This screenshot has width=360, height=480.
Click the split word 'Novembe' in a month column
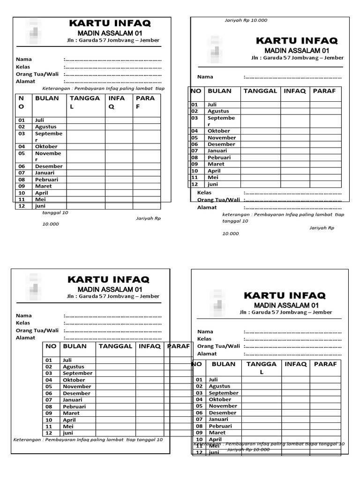click(48, 153)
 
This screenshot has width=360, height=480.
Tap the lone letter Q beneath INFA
click(112, 106)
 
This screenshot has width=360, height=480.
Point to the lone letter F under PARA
click(138, 106)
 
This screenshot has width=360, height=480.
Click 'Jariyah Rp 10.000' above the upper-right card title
click(247, 20)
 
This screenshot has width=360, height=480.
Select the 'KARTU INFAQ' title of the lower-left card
click(109, 280)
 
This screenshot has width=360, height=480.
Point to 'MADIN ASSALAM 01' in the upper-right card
click(297, 50)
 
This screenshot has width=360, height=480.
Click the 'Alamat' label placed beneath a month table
click(207, 207)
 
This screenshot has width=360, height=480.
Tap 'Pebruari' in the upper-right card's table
click(219, 157)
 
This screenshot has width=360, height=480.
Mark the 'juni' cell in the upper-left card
click(40, 206)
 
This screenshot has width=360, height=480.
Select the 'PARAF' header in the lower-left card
click(179, 346)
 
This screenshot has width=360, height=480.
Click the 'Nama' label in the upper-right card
click(205, 77)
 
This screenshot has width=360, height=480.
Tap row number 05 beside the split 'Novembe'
click(22, 153)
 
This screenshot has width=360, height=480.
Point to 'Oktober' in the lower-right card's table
click(220, 399)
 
